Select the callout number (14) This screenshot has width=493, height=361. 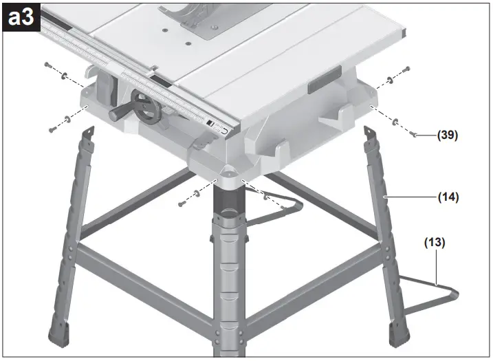pyautogui.click(x=448, y=197)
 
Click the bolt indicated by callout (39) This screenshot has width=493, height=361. pyautogui.click(x=414, y=135)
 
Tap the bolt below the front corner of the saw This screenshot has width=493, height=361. pyautogui.click(x=181, y=204)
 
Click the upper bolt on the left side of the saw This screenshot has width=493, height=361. pyautogui.click(x=47, y=65)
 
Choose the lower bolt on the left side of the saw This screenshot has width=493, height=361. pyautogui.click(x=52, y=129)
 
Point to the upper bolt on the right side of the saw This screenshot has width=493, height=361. pyautogui.click(x=406, y=69)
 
